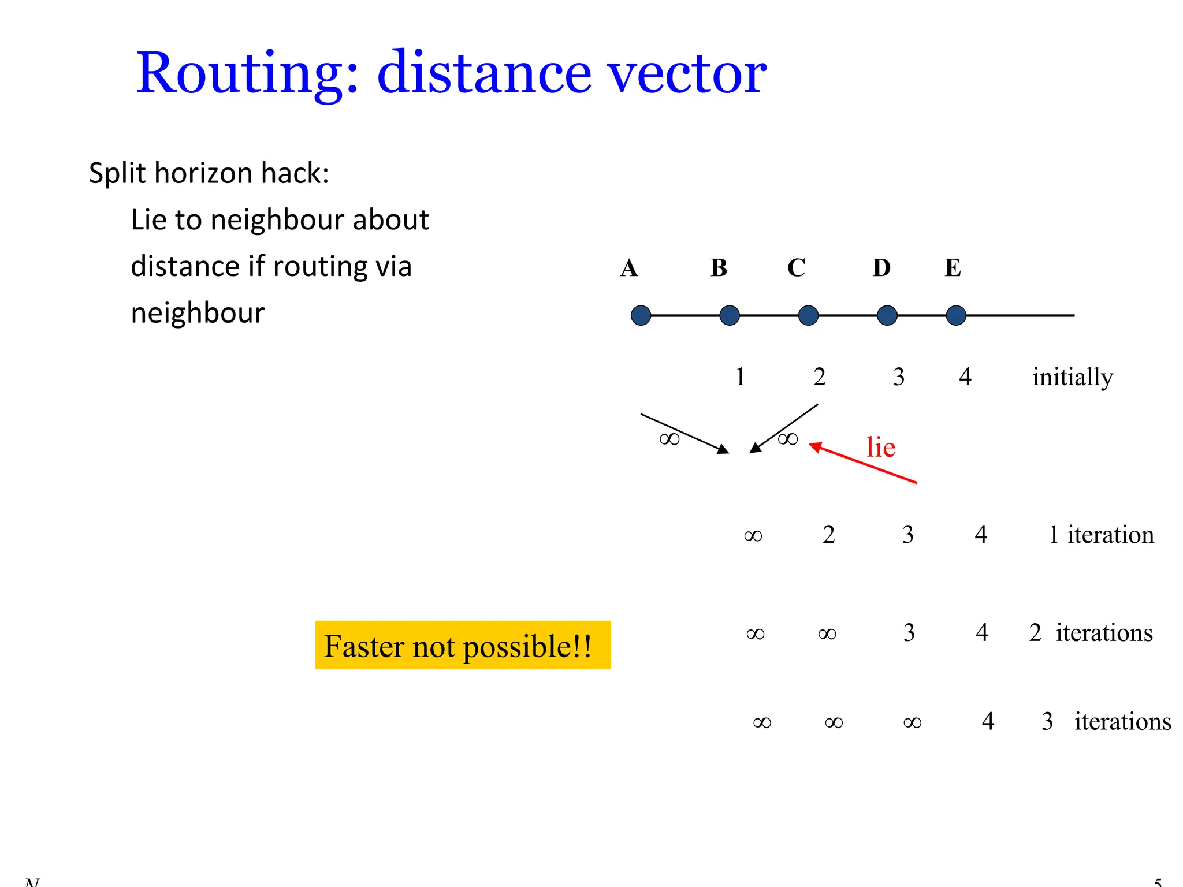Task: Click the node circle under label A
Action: click(641, 315)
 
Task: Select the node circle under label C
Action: click(808, 315)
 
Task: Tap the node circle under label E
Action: click(956, 315)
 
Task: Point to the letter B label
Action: click(719, 268)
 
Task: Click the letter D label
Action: click(881, 268)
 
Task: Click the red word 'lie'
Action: click(880, 448)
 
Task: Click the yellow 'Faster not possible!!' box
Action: click(463, 645)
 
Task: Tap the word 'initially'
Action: click(1072, 377)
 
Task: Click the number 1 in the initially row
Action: click(740, 377)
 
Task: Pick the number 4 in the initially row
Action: click(965, 377)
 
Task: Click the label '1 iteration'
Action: click(1100, 535)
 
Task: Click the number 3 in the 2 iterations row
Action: click(909, 633)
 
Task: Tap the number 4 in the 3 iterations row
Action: click(988, 721)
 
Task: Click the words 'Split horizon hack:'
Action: click(209, 173)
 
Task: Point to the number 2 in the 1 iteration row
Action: click(828, 535)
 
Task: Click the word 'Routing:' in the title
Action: click(247, 73)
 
